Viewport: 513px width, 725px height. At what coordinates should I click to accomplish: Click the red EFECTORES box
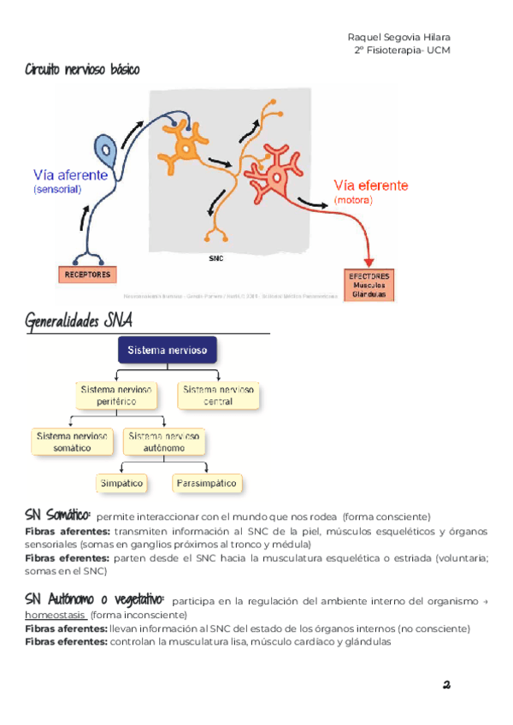click(369, 286)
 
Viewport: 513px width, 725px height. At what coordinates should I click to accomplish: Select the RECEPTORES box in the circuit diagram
click(89, 274)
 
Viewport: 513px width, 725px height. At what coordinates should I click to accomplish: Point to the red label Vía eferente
click(370, 186)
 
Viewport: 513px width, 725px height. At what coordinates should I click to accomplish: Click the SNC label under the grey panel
click(215, 256)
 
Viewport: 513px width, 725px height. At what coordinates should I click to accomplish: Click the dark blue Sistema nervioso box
click(168, 351)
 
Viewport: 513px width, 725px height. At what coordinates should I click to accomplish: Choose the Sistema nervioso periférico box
click(116, 395)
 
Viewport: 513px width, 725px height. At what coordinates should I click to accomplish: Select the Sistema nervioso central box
click(218, 395)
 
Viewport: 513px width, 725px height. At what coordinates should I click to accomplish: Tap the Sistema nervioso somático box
click(72, 441)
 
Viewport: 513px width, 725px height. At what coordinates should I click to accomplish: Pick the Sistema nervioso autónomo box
click(164, 441)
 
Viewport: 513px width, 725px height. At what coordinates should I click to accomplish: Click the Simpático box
click(121, 483)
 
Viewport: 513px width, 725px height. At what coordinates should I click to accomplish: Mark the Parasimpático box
click(206, 483)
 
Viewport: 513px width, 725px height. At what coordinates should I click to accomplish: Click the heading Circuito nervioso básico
click(82, 69)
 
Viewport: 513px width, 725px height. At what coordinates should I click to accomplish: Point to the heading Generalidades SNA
click(79, 321)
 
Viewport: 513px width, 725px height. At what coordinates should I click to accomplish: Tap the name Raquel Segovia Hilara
click(399, 37)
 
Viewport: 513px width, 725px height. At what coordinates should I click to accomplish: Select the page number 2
click(446, 684)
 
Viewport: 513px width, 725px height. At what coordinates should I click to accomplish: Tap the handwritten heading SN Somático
click(57, 515)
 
